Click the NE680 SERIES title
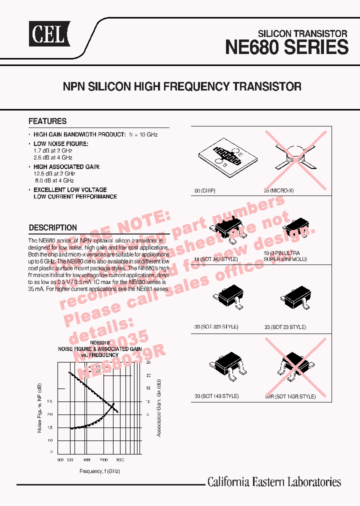(286, 47)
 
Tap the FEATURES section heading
(47, 121)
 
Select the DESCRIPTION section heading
(53, 227)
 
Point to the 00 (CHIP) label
(204, 191)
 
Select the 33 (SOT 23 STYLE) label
(285, 327)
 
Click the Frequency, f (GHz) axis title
(99, 471)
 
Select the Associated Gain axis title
(158, 407)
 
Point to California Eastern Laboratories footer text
(274, 482)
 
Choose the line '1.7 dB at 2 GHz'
(53, 150)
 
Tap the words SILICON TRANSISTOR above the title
(302, 33)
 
